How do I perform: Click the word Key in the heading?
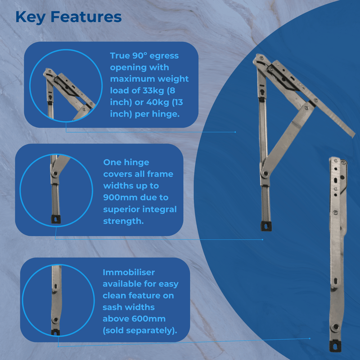pos(30,18)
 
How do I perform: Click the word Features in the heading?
pos(86,17)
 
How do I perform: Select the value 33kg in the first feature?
pos(153,91)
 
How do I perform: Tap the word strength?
pos(123,221)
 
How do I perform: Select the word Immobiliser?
pos(129,272)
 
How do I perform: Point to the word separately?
pos(150,331)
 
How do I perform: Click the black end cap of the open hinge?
pos(266,226)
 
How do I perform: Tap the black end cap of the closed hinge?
pos(335,346)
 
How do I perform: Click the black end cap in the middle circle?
pos(56,219)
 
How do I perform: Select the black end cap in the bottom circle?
pos(55,332)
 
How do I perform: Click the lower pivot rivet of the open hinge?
pos(265,174)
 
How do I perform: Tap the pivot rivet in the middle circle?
pos(54,174)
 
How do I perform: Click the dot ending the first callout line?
pos(235,132)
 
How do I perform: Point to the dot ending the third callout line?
pos(310,338)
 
